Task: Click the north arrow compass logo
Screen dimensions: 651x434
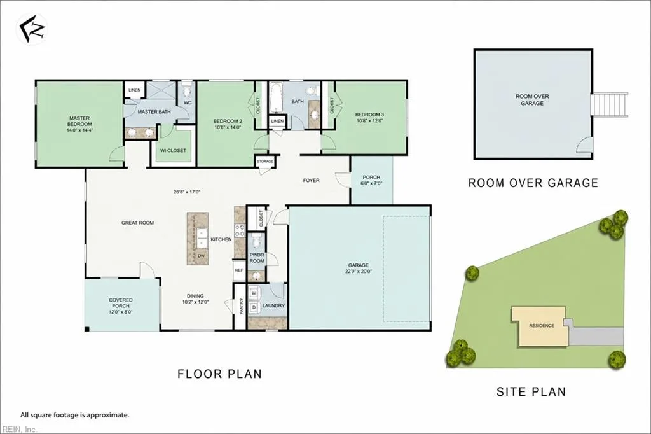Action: point(32,29)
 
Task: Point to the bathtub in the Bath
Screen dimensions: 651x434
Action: point(276,98)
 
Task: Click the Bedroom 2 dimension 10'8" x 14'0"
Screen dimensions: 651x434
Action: point(228,128)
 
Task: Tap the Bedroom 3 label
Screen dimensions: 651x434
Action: point(369,115)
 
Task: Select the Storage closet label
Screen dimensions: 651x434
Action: point(265,161)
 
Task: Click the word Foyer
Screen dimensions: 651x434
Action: point(312,181)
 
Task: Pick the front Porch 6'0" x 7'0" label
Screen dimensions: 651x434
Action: point(371,180)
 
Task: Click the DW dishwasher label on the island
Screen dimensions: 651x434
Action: point(202,256)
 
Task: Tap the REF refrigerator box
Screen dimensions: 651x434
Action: point(239,270)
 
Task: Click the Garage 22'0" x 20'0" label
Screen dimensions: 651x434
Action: point(359,268)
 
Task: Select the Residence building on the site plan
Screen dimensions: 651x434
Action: point(540,326)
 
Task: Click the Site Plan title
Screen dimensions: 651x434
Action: point(531,391)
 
